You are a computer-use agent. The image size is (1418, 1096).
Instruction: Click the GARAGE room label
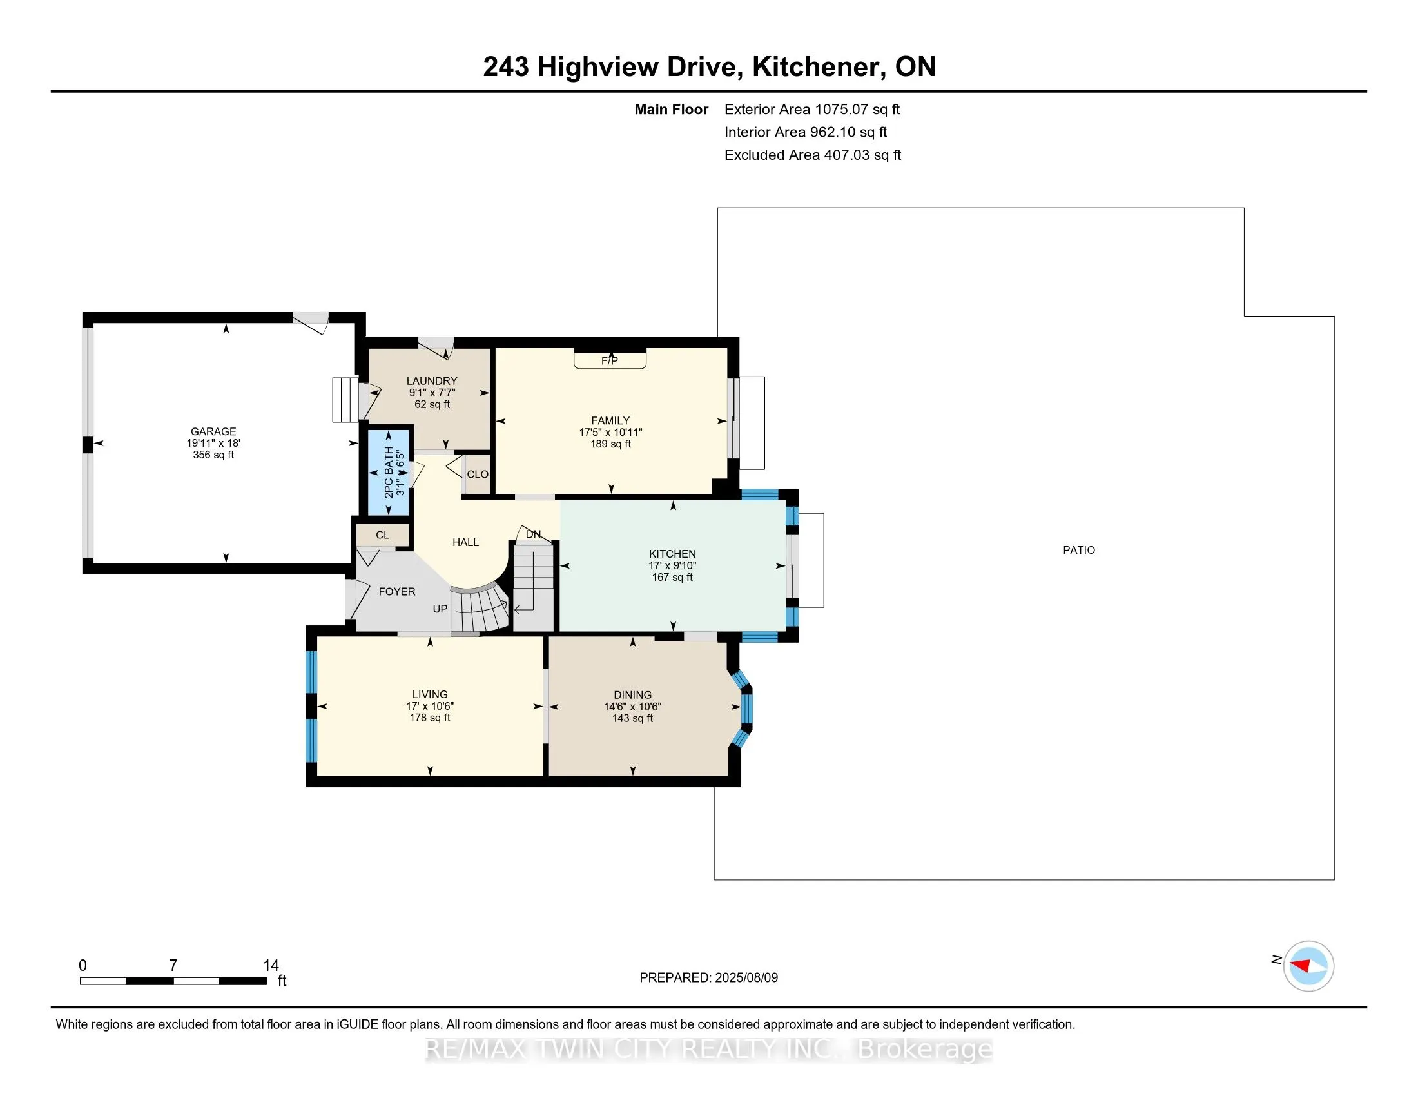tap(213, 431)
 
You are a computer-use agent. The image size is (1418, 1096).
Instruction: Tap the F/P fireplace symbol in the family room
tap(610, 360)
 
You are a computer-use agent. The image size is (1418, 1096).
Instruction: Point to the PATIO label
tap(1078, 550)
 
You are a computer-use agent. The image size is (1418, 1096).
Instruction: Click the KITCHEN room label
tap(673, 554)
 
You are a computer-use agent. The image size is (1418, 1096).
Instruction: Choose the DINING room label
tap(632, 695)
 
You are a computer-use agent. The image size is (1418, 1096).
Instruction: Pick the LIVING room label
tap(430, 694)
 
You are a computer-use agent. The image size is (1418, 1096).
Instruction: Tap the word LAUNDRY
tap(432, 381)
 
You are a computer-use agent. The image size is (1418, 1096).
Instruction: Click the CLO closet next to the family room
tap(477, 475)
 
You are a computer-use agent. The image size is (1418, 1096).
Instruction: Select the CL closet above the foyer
tap(382, 535)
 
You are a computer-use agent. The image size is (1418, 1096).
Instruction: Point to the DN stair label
tap(533, 534)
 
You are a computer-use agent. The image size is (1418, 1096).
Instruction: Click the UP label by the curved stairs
tap(440, 609)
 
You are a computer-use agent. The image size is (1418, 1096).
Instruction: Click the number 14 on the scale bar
tap(271, 966)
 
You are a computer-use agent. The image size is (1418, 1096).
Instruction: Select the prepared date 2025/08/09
tap(746, 978)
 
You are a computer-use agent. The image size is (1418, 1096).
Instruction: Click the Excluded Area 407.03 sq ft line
tap(813, 155)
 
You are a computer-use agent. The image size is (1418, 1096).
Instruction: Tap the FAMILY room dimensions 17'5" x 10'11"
tap(610, 433)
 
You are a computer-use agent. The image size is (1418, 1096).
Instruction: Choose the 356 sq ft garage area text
tap(213, 455)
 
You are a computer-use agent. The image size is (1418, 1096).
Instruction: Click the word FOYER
tap(396, 591)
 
